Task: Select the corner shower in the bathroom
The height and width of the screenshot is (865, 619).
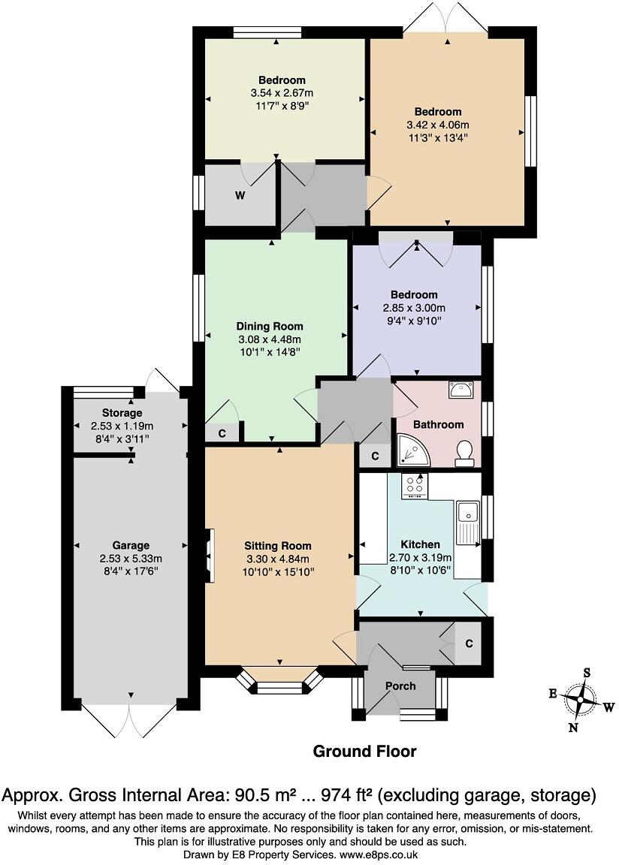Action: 409,449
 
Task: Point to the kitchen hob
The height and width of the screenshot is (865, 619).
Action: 414,486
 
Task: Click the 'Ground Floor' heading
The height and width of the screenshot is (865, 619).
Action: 364,751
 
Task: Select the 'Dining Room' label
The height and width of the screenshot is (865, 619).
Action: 270,327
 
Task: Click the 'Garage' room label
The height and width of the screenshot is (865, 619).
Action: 131,546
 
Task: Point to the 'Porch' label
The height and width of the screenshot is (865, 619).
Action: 400,686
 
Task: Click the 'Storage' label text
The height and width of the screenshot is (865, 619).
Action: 122,413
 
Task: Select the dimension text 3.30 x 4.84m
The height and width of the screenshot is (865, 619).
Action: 277,559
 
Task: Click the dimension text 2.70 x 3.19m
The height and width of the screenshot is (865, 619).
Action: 420,557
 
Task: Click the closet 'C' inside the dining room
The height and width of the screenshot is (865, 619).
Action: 222,433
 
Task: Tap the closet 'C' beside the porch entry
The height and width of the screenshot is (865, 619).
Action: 469,643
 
